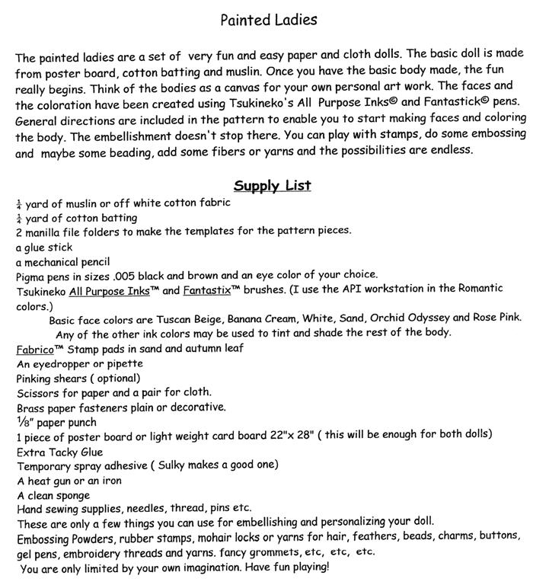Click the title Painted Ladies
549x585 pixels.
[x=268, y=20]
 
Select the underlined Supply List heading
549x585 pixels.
[x=272, y=186]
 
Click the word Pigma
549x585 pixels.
[x=31, y=275]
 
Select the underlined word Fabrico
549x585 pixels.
[x=34, y=349]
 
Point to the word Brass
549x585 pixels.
[x=30, y=408]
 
